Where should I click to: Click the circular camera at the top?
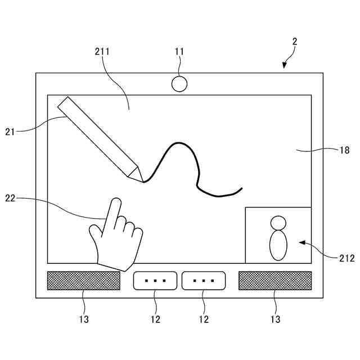point(179,84)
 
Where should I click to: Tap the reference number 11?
point(179,52)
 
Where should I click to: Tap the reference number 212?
point(346,259)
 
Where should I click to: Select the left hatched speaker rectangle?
point(83,281)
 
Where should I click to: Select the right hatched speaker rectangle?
point(275,281)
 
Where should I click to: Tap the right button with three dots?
point(204,281)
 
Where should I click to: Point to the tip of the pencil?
point(142,181)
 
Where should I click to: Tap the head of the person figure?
point(279,223)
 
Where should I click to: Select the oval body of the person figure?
point(279,245)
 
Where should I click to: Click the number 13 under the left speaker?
point(83,319)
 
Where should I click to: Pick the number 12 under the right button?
point(204,319)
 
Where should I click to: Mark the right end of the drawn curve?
point(241,186)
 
